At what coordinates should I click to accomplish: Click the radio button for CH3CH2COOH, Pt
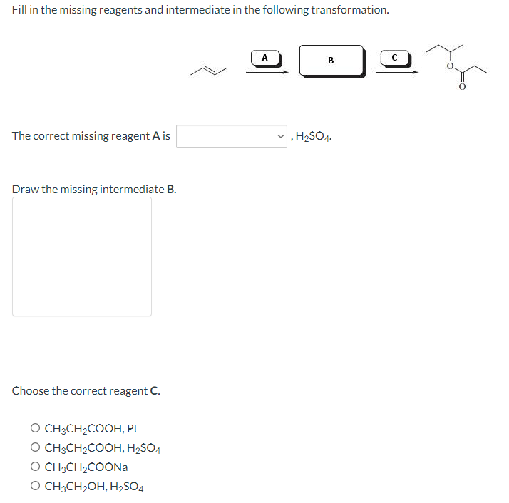(x=35, y=429)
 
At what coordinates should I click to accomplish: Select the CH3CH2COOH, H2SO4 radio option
(x=35, y=448)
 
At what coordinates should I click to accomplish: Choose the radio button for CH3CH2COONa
(x=35, y=467)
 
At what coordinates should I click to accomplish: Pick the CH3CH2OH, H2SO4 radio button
(x=35, y=487)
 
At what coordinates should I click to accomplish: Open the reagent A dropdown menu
(x=232, y=136)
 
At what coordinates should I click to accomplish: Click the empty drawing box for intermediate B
(x=82, y=256)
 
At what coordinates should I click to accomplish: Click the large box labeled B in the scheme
(x=331, y=61)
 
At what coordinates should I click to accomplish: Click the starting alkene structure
(x=208, y=69)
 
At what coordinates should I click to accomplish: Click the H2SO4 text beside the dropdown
(x=313, y=136)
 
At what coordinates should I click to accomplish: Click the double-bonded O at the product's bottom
(x=461, y=88)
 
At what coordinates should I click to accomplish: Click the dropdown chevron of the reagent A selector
(x=282, y=136)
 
